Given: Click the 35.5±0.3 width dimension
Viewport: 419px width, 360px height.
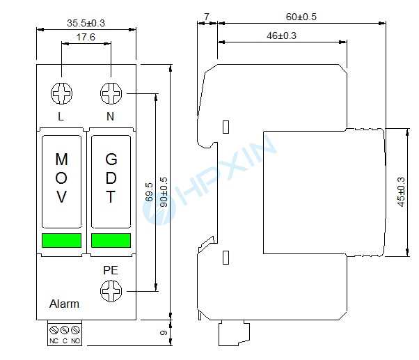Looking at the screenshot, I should click(x=86, y=22).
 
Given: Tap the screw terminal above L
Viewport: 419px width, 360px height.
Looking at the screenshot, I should click(x=61, y=93).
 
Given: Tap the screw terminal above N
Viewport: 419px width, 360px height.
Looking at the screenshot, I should click(x=111, y=93).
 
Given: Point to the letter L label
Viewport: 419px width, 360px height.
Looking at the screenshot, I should click(x=61, y=116).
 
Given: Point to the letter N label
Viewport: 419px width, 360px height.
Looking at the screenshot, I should click(x=110, y=116).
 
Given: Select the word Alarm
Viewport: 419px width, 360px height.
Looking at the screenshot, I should click(x=64, y=304).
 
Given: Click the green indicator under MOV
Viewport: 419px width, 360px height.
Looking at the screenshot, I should click(x=61, y=241).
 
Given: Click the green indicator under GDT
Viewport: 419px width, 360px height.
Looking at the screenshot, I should click(x=111, y=241).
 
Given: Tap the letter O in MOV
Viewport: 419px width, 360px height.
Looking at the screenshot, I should click(x=61, y=178).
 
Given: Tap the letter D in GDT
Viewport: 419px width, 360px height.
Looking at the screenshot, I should click(x=111, y=178).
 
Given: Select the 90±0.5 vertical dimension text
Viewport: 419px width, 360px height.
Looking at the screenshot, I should click(x=164, y=189).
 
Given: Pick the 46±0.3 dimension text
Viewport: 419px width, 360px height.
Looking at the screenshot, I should click(x=281, y=36).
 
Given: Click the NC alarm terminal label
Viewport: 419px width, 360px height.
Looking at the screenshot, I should click(x=54, y=341).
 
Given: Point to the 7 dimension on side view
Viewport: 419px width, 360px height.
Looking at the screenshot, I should click(x=207, y=15).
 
